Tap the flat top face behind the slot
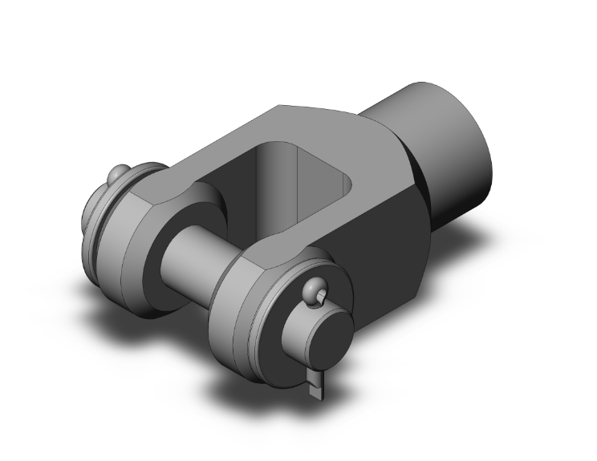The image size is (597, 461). point(321,124)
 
